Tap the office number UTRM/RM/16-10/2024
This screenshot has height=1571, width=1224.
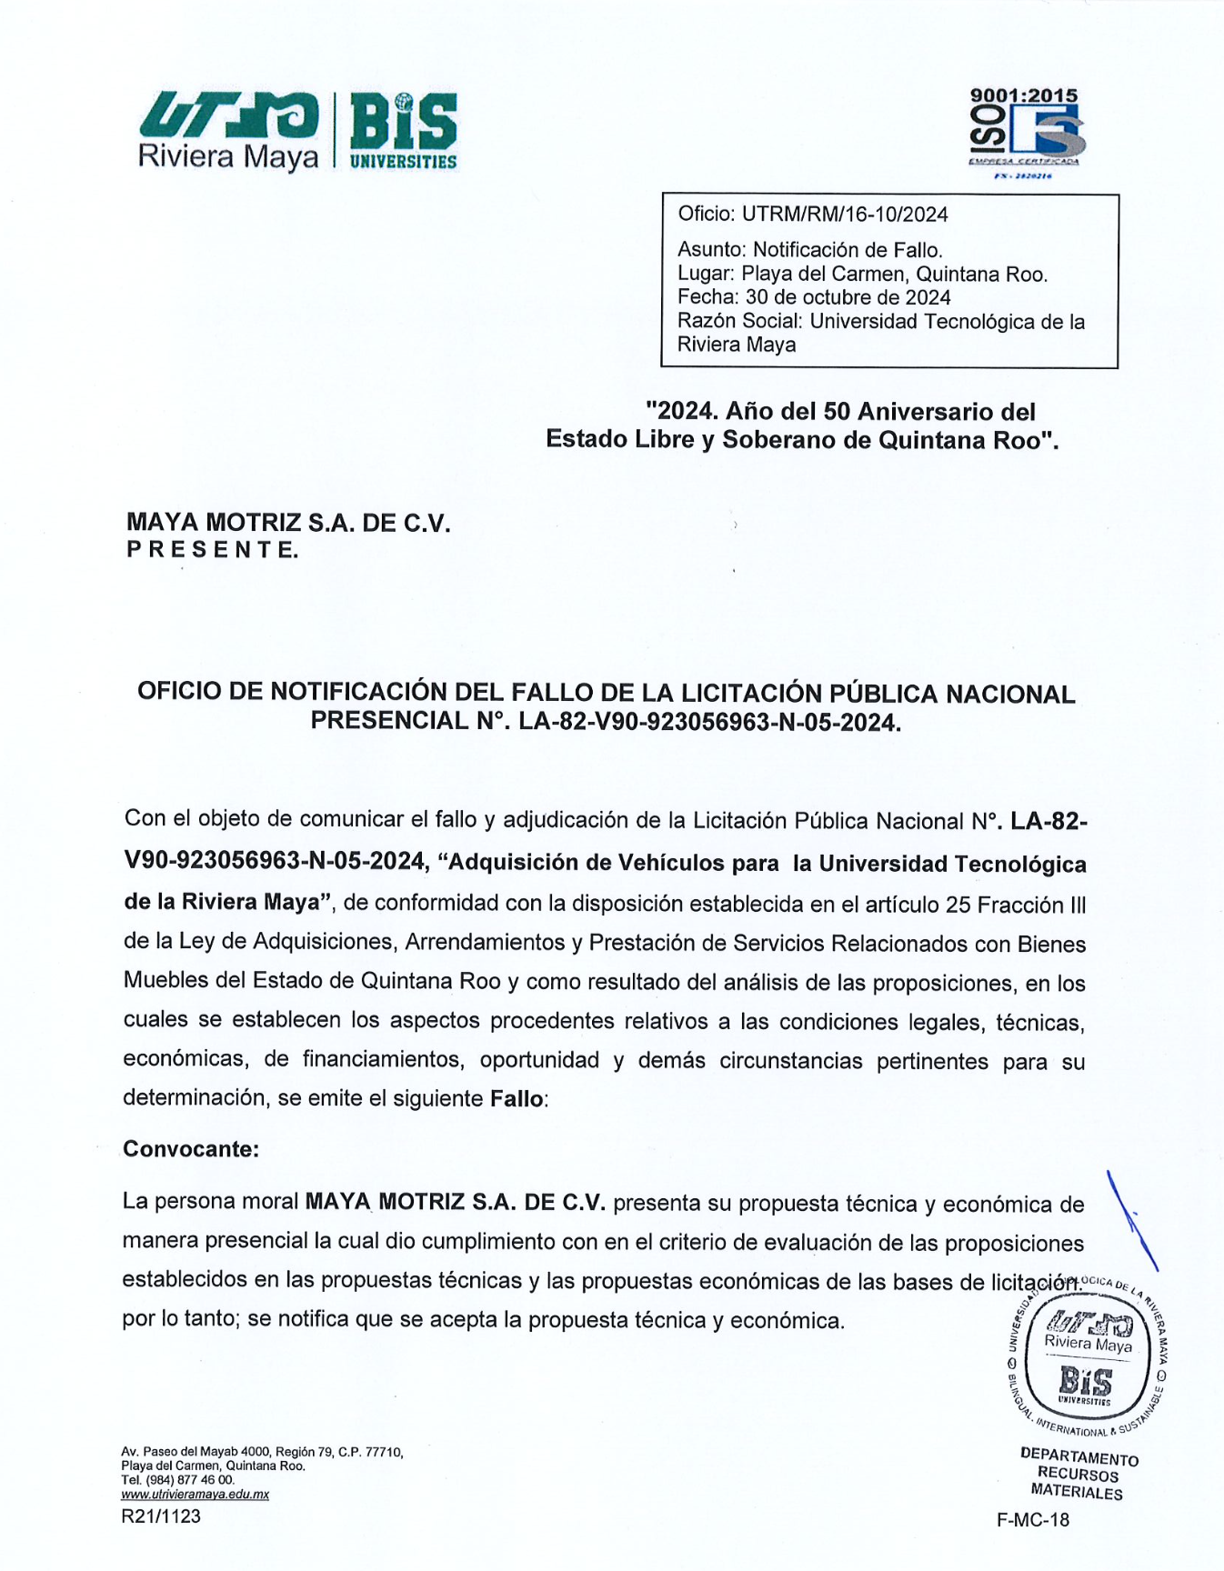tap(845, 215)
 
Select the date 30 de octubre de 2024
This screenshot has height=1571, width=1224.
tap(848, 297)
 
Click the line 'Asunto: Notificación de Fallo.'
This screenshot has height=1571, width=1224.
tap(809, 250)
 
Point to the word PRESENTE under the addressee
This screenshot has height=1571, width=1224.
tap(212, 550)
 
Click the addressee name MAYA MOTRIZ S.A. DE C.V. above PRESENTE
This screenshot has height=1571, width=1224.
tap(288, 523)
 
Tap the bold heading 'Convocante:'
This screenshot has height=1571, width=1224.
tap(191, 1148)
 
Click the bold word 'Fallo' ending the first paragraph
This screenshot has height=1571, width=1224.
tap(517, 1098)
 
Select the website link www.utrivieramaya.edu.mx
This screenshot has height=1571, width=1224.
tap(195, 1494)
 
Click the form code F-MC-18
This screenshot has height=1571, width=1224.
tap(1033, 1519)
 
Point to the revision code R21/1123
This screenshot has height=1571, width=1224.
tap(161, 1516)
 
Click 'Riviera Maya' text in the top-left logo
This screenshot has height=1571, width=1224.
tap(228, 156)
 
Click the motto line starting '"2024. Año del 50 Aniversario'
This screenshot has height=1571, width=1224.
tap(840, 412)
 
